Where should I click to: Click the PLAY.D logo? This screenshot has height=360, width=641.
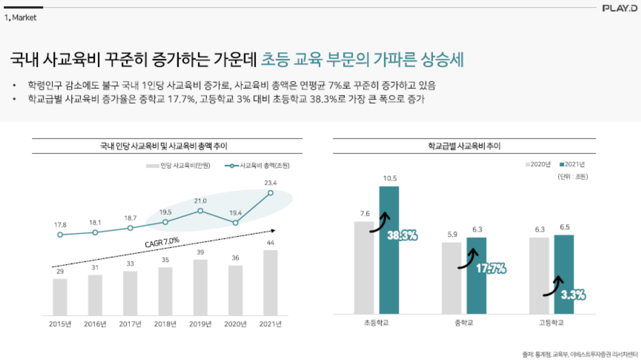coord(619,8)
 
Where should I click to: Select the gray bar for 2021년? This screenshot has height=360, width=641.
coord(270,283)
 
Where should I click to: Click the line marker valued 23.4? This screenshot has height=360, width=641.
coord(270,193)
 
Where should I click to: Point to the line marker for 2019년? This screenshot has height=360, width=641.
coord(200,211)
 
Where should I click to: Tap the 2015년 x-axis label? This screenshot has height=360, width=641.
coord(60,324)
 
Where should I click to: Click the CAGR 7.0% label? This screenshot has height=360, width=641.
coord(162,242)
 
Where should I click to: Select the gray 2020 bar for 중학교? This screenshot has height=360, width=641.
coord(451,278)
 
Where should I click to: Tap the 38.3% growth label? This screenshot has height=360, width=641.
coord(402,236)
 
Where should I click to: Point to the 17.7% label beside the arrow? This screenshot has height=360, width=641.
coord(491,269)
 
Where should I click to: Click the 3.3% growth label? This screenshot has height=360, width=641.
coord(573,295)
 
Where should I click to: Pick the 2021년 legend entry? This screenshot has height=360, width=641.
coord(572,164)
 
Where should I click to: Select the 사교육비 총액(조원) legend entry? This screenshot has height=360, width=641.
coord(257,166)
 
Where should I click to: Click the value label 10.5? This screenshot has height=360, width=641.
coord(390,179)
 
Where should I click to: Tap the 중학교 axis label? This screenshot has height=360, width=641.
coord(464,323)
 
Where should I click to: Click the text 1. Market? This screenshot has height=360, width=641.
coord(21,18)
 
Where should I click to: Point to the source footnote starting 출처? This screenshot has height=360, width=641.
coord(580,354)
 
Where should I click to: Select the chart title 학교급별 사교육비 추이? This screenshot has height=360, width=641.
coord(464,146)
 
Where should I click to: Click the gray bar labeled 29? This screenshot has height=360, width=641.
coord(60,297)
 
